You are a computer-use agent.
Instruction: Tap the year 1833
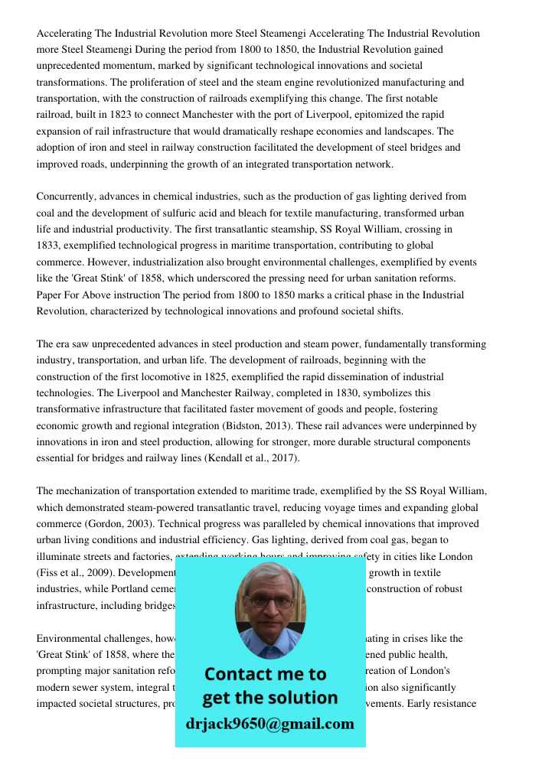pyautogui.click(x=48, y=246)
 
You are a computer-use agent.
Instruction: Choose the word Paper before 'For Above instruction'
pyautogui.click(x=50, y=295)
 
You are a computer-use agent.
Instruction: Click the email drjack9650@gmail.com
pyautogui.click(x=270, y=724)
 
